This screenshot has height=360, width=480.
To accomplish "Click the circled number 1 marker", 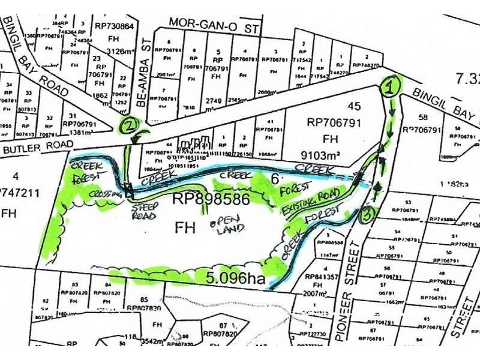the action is [x=391, y=86].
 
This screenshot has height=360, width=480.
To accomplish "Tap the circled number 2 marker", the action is [x=128, y=125].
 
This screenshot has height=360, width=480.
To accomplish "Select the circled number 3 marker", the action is [x=368, y=214].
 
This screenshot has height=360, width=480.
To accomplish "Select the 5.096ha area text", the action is [x=231, y=278].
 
